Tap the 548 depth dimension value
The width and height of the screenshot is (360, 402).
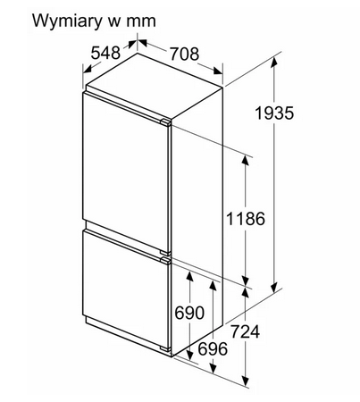pyautogui.click(x=105, y=53)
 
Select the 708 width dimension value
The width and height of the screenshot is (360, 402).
pyautogui.click(x=184, y=54)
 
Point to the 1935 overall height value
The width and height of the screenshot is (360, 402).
pyautogui.click(x=274, y=113)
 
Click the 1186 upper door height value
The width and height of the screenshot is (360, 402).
pyautogui.click(x=246, y=219)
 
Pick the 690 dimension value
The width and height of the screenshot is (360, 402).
pyautogui.click(x=189, y=313)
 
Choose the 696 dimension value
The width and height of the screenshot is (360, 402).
pyautogui.click(x=213, y=348)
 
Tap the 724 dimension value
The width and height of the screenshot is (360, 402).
pyautogui.click(x=245, y=331)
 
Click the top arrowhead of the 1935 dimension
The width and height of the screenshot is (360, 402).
pyautogui.click(x=274, y=62)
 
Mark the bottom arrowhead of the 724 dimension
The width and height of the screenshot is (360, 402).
pyautogui.click(x=246, y=381)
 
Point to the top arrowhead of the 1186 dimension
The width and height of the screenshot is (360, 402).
pyautogui.click(x=245, y=160)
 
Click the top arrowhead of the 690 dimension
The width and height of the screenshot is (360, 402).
pyautogui.click(x=189, y=276)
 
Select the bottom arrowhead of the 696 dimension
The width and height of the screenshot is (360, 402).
pyautogui.click(x=213, y=368)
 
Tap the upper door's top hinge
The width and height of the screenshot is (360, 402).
pyautogui.click(x=165, y=122)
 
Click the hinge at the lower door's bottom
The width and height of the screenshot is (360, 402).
pyautogui.click(x=165, y=349)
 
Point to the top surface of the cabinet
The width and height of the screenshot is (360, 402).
pyautogui.click(x=155, y=85)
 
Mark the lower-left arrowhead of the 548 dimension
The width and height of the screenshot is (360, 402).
pyautogui.click(x=87, y=69)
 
